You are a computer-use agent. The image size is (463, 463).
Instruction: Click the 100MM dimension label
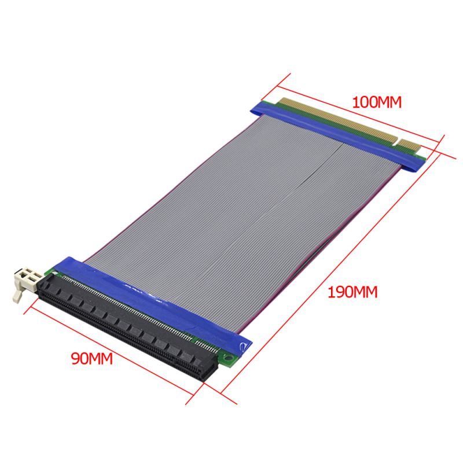(x=377, y=102)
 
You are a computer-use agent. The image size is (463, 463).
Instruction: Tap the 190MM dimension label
(x=352, y=292)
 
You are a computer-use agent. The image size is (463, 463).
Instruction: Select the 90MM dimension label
(x=91, y=359)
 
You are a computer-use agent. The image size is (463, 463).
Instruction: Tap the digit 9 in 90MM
(x=75, y=359)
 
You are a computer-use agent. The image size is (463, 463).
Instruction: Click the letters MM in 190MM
(x=365, y=292)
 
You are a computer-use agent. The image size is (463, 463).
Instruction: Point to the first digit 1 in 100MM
(x=355, y=102)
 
